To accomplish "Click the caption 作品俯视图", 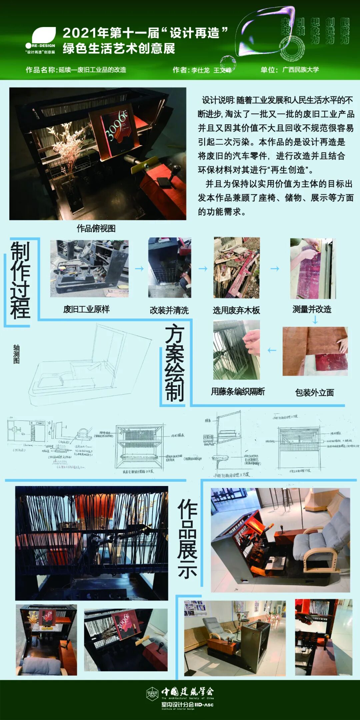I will pyautogui.click(x=96, y=228).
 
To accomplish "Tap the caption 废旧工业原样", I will pyautogui.click(x=86, y=309).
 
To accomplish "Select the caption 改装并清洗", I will pyautogui.click(x=169, y=310).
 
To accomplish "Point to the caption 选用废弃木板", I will pyautogui.click(x=236, y=310).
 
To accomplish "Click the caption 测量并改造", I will pyautogui.click(x=312, y=309).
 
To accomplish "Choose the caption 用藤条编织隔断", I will pyautogui.click(x=238, y=391).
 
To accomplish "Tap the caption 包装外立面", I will pyautogui.click(x=314, y=392).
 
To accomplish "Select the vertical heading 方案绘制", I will pyautogui.click(x=175, y=363).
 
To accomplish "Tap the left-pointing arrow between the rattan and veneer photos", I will pyautogui.click(x=272, y=350).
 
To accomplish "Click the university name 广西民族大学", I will pyautogui.click(x=300, y=70).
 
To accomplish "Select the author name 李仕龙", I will pyautogui.click(x=200, y=70).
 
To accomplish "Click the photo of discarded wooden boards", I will pyautogui.click(x=236, y=268).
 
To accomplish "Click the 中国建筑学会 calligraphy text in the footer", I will pyautogui.click(x=187, y=692).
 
